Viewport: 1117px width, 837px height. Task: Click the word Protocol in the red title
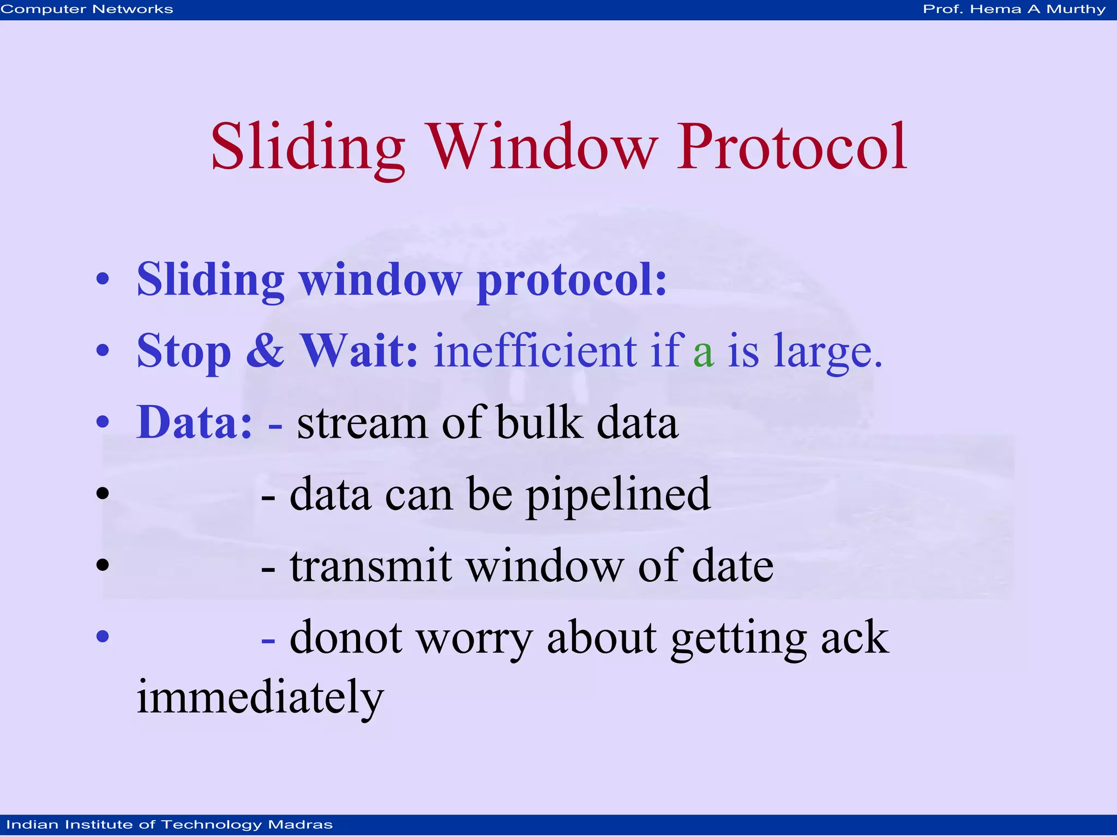pyautogui.click(x=792, y=147)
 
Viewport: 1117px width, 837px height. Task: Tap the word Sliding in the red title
pyautogui.click(x=308, y=147)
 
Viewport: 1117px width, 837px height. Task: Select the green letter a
pyautogui.click(x=703, y=352)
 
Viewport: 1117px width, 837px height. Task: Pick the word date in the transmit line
pyautogui.click(x=732, y=567)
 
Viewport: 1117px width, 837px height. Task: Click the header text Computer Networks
pyautogui.click(x=87, y=9)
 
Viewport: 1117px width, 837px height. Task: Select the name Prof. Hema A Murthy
pyautogui.click(x=1014, y=9)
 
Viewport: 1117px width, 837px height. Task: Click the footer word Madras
pyautogui.click(x=300, y=824)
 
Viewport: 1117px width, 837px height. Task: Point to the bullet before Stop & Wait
pyautogui.click(x=103, y=351)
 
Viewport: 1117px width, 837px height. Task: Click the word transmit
pyautogui.click(x=371, y=567)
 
